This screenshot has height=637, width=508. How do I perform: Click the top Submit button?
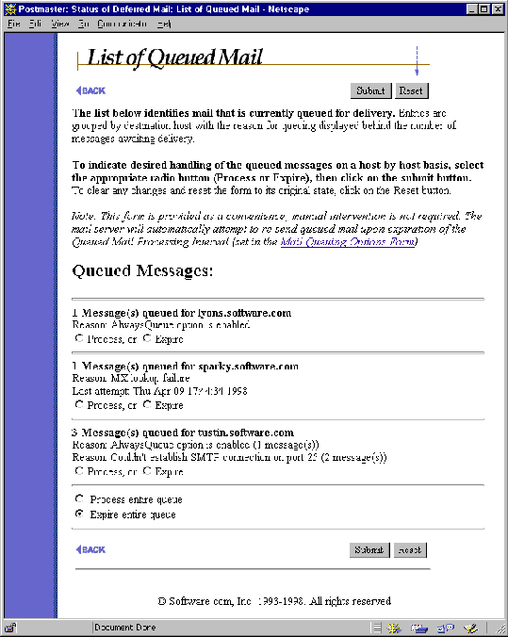tap(370, 91)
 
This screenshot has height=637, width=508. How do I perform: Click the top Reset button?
tap(410, 91)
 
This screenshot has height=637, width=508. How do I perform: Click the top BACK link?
tap(90, 91)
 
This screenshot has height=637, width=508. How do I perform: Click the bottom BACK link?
tap(90, 549)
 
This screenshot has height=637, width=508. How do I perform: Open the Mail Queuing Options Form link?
tap(348, 242)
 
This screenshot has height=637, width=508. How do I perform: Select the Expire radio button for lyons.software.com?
tap(146, 338)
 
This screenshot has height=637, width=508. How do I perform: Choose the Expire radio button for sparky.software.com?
tap(146, 405)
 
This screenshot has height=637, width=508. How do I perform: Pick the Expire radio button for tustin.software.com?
tap(146, 471)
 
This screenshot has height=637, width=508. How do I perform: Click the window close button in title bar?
tap(498, 8)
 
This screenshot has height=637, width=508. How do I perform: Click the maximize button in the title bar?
tap(483, 8)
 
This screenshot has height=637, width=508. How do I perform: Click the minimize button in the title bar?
tap(470, 8)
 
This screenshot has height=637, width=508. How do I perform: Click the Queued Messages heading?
tap(142, 271)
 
